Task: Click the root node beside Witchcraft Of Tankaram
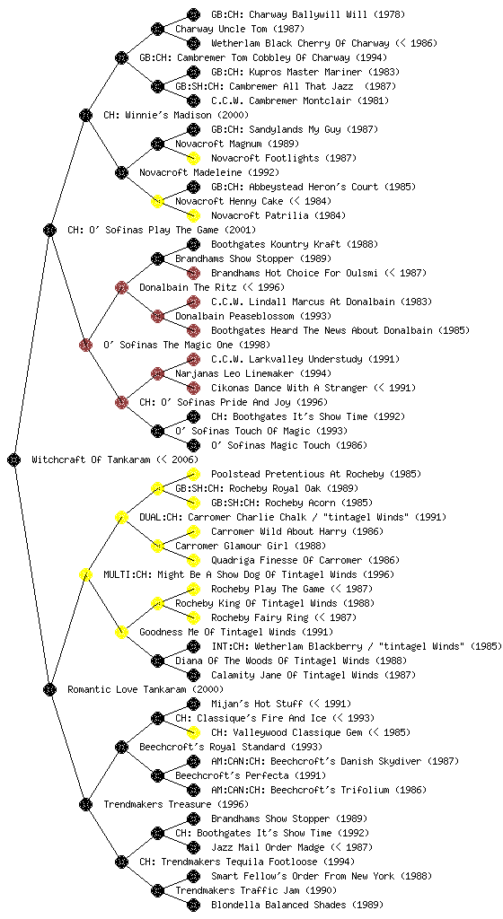[x=14, y=459]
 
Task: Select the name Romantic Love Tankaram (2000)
[x=146, y=689]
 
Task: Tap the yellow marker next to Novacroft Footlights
[x=193, y=158]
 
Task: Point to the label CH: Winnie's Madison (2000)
[x=176, y=115]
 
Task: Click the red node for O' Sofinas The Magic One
[x=85, y=345]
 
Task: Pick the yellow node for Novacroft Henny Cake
[x=157, y=201]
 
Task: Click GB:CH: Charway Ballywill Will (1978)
[x=308, y=14]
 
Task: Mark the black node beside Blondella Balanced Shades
[x=193, y=905]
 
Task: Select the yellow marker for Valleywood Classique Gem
[x=193, y=732]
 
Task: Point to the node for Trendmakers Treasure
[x=85, y=804]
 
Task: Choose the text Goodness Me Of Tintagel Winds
[x=218, y=632]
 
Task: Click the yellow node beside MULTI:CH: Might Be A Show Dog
[x=85, y=574]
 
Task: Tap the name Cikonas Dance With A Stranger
[x=289, y=388]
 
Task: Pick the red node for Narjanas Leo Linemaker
[x=157, y=373]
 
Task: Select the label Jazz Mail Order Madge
[x=268, y=847]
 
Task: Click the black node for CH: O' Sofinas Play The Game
[x=49, y=230]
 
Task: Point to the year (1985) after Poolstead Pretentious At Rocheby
[x=406, y=474]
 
